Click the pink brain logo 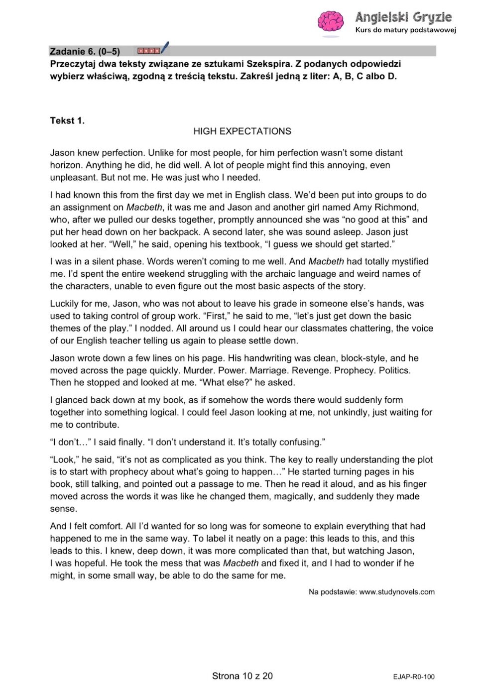pos(331,22)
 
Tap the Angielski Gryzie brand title pos(403,17)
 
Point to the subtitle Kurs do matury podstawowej pos(405,30)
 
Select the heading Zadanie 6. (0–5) pos(85,51)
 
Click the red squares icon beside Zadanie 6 pos(149,51)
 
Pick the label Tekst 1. pos(67,120)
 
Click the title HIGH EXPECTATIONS pos(242,131)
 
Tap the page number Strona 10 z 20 pos(242,676)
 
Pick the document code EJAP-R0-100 pos(413,677)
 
